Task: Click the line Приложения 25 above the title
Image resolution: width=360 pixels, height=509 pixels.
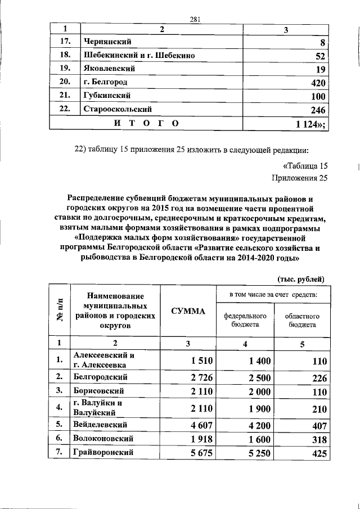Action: (299, 179)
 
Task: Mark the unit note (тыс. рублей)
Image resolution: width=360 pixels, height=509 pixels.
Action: (301, 278)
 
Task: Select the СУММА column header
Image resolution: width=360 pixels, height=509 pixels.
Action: (188, 311)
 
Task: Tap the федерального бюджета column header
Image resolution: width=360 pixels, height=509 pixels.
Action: (245, 321)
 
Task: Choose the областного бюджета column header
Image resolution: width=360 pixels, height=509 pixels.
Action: (302, 321)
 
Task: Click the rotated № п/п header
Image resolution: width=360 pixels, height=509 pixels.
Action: (60, 311)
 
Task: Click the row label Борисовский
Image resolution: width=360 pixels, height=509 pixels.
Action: (98, 390)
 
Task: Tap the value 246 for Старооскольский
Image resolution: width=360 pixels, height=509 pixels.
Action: (317, 110)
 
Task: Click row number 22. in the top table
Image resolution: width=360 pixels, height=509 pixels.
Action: (65, 109)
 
